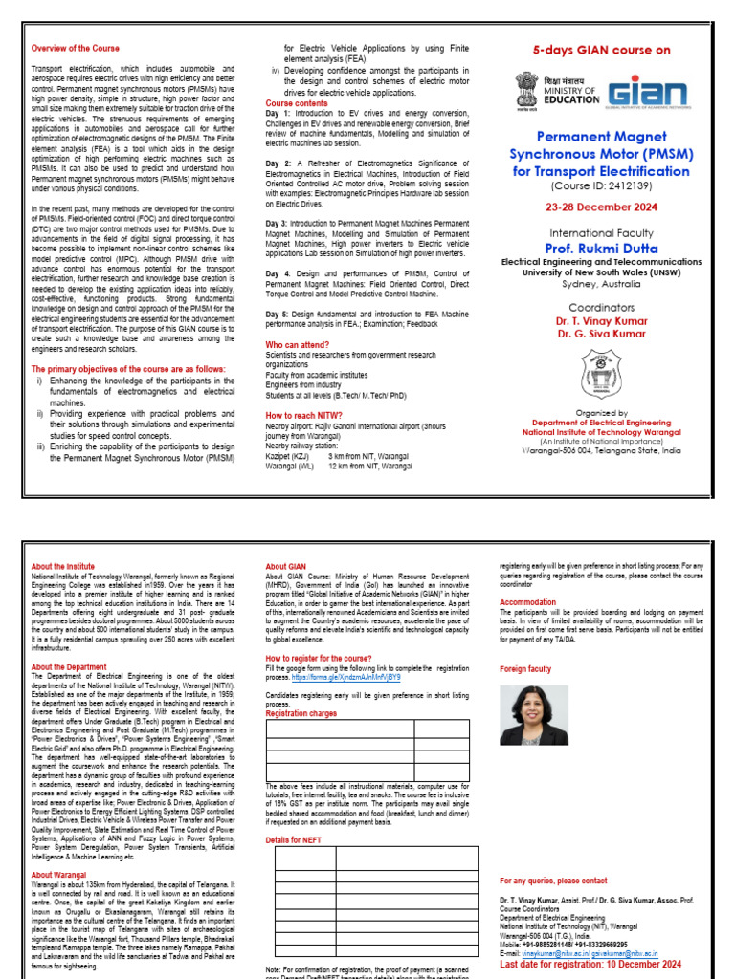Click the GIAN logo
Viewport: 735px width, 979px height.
coord(648,93)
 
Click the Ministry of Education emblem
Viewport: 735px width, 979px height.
coord(527,92)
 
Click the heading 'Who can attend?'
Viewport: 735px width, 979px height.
coord(298,344)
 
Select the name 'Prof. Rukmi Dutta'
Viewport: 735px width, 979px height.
coord(601,249)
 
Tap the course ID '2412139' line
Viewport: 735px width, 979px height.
coord(601,186)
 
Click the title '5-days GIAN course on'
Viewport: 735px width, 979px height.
coord(602,51)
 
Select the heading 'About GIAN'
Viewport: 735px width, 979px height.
coord(285,567)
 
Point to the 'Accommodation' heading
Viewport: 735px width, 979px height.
coord(528,602)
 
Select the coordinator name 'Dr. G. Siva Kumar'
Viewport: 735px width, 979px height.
coord(601,336)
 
